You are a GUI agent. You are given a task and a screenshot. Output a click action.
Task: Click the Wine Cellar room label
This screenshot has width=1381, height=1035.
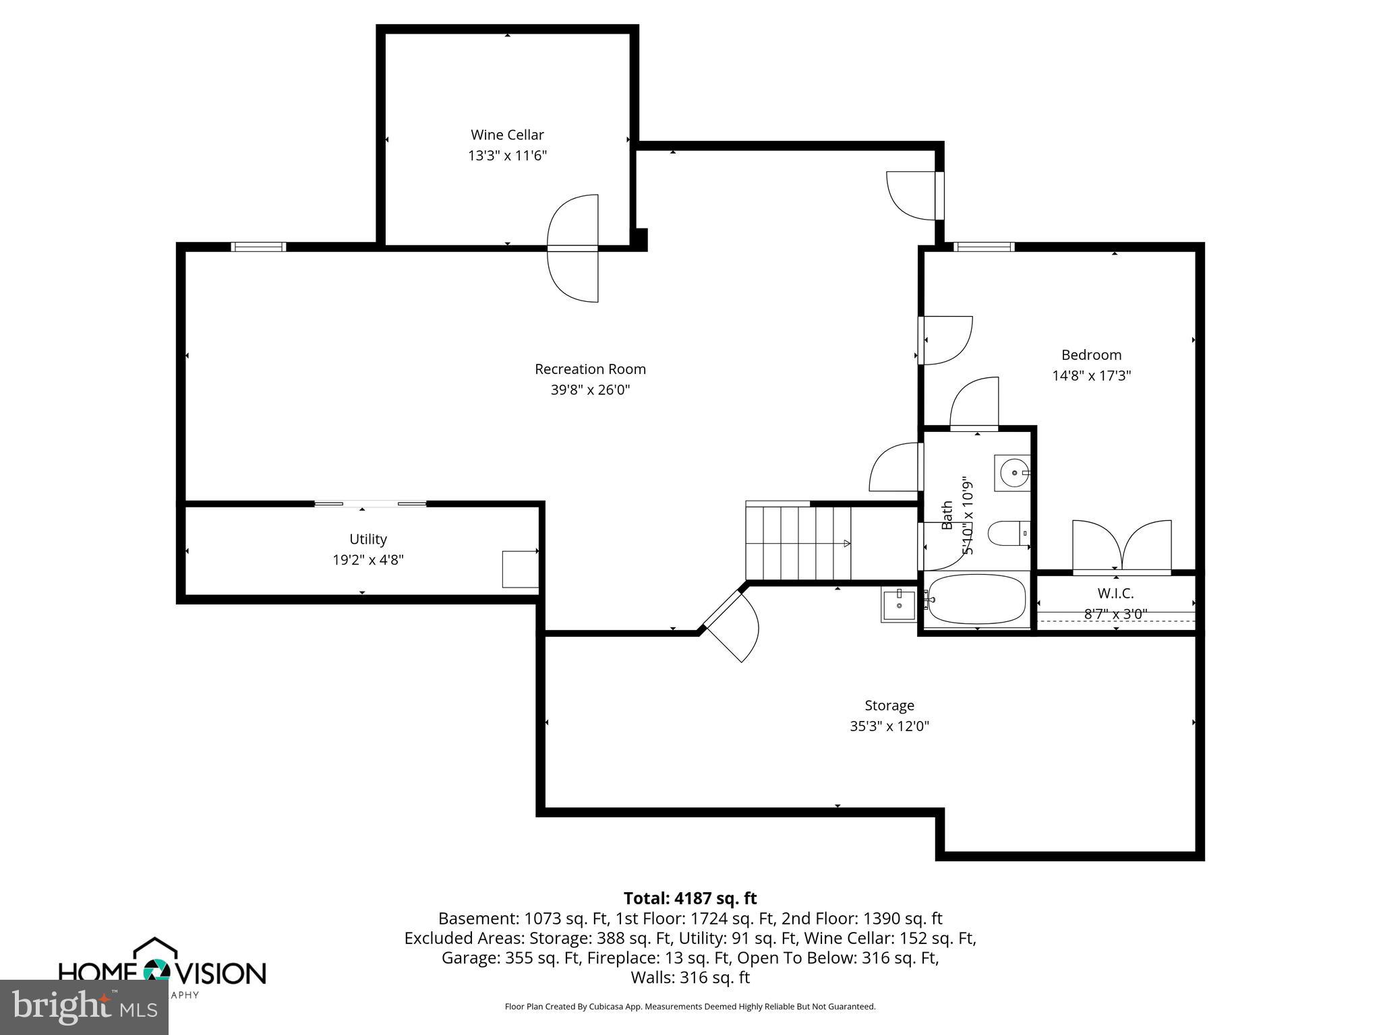coord(507,135)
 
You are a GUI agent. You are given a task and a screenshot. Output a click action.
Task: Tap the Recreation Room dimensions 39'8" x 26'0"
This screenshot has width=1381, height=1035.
coord(590,390)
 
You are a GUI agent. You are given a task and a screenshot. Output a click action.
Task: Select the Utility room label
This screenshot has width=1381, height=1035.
coord(368,539)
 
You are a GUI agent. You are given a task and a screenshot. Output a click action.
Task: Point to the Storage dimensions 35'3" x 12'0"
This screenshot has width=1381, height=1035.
coord(889,726)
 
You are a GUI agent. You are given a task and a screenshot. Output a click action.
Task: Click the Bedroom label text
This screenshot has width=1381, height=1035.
coord(1091,355)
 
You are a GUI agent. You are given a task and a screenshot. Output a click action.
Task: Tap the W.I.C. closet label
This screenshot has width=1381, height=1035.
coord(1115,594)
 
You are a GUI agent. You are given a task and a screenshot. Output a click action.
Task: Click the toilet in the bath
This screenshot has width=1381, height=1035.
coord(1007,534)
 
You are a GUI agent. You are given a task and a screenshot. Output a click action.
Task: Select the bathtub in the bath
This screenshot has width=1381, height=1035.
coord(976,599)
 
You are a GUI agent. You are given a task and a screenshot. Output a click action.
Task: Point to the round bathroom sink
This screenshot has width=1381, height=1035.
coord(1013,472)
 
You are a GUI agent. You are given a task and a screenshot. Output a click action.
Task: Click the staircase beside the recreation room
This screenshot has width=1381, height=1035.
coord(798,543)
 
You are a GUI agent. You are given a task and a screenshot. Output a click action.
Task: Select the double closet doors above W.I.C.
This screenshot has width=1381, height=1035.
coord(1121,547)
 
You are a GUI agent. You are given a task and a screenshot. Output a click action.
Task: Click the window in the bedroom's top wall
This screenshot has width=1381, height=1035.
coord(984,247)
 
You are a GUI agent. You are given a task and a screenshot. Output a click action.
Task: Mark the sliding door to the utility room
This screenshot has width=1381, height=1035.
coord(370,503)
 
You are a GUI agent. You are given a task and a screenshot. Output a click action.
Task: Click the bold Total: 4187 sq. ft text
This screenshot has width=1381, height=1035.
coord(690,898)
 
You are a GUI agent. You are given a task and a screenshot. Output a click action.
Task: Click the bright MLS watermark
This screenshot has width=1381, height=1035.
coord(84,1007)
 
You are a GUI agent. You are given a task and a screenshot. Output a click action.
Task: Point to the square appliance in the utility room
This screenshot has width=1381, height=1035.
coord(520,569)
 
